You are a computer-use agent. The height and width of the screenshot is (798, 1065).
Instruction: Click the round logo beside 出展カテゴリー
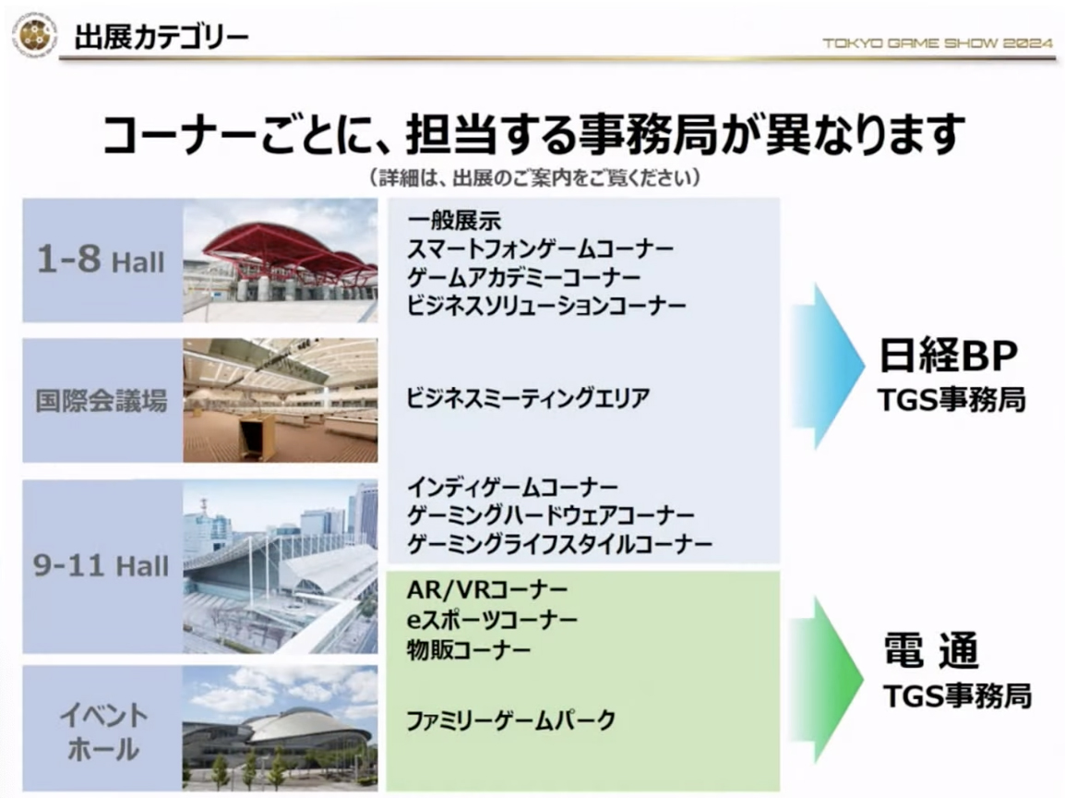click(35, 35)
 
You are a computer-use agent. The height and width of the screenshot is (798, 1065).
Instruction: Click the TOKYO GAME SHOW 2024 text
click(938, 42)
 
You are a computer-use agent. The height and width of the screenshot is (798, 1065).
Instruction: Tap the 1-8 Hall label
click(101, 260)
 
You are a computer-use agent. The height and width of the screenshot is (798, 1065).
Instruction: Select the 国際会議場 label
click(102, 401)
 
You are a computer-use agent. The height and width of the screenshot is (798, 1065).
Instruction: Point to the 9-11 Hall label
click(102, 565)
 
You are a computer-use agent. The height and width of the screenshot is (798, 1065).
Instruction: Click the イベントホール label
click(103, 732)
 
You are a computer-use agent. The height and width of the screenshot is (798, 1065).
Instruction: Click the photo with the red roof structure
click(281, 260)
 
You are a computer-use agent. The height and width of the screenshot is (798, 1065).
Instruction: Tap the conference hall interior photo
click(281, 401)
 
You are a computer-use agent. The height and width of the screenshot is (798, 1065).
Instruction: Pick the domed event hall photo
click(281, 728)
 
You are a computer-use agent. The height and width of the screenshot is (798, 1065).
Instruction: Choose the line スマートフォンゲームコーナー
click(540, 249)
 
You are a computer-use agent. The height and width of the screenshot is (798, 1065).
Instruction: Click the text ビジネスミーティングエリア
click(528, 398)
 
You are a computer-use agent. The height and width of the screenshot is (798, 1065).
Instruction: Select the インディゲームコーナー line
click(512, 488)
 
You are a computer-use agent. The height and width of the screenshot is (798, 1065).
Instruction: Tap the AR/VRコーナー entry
click(487, 590)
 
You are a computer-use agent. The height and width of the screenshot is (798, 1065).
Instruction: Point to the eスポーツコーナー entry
click(493, 620)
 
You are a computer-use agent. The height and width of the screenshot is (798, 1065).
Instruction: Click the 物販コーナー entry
click(469, 650)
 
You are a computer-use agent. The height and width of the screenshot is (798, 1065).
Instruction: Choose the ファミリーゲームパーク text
click(510, 720)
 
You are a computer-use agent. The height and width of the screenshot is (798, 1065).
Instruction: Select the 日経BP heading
click(949, 356)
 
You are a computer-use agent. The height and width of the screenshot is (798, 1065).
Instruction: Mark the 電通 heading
click(932, 650)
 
